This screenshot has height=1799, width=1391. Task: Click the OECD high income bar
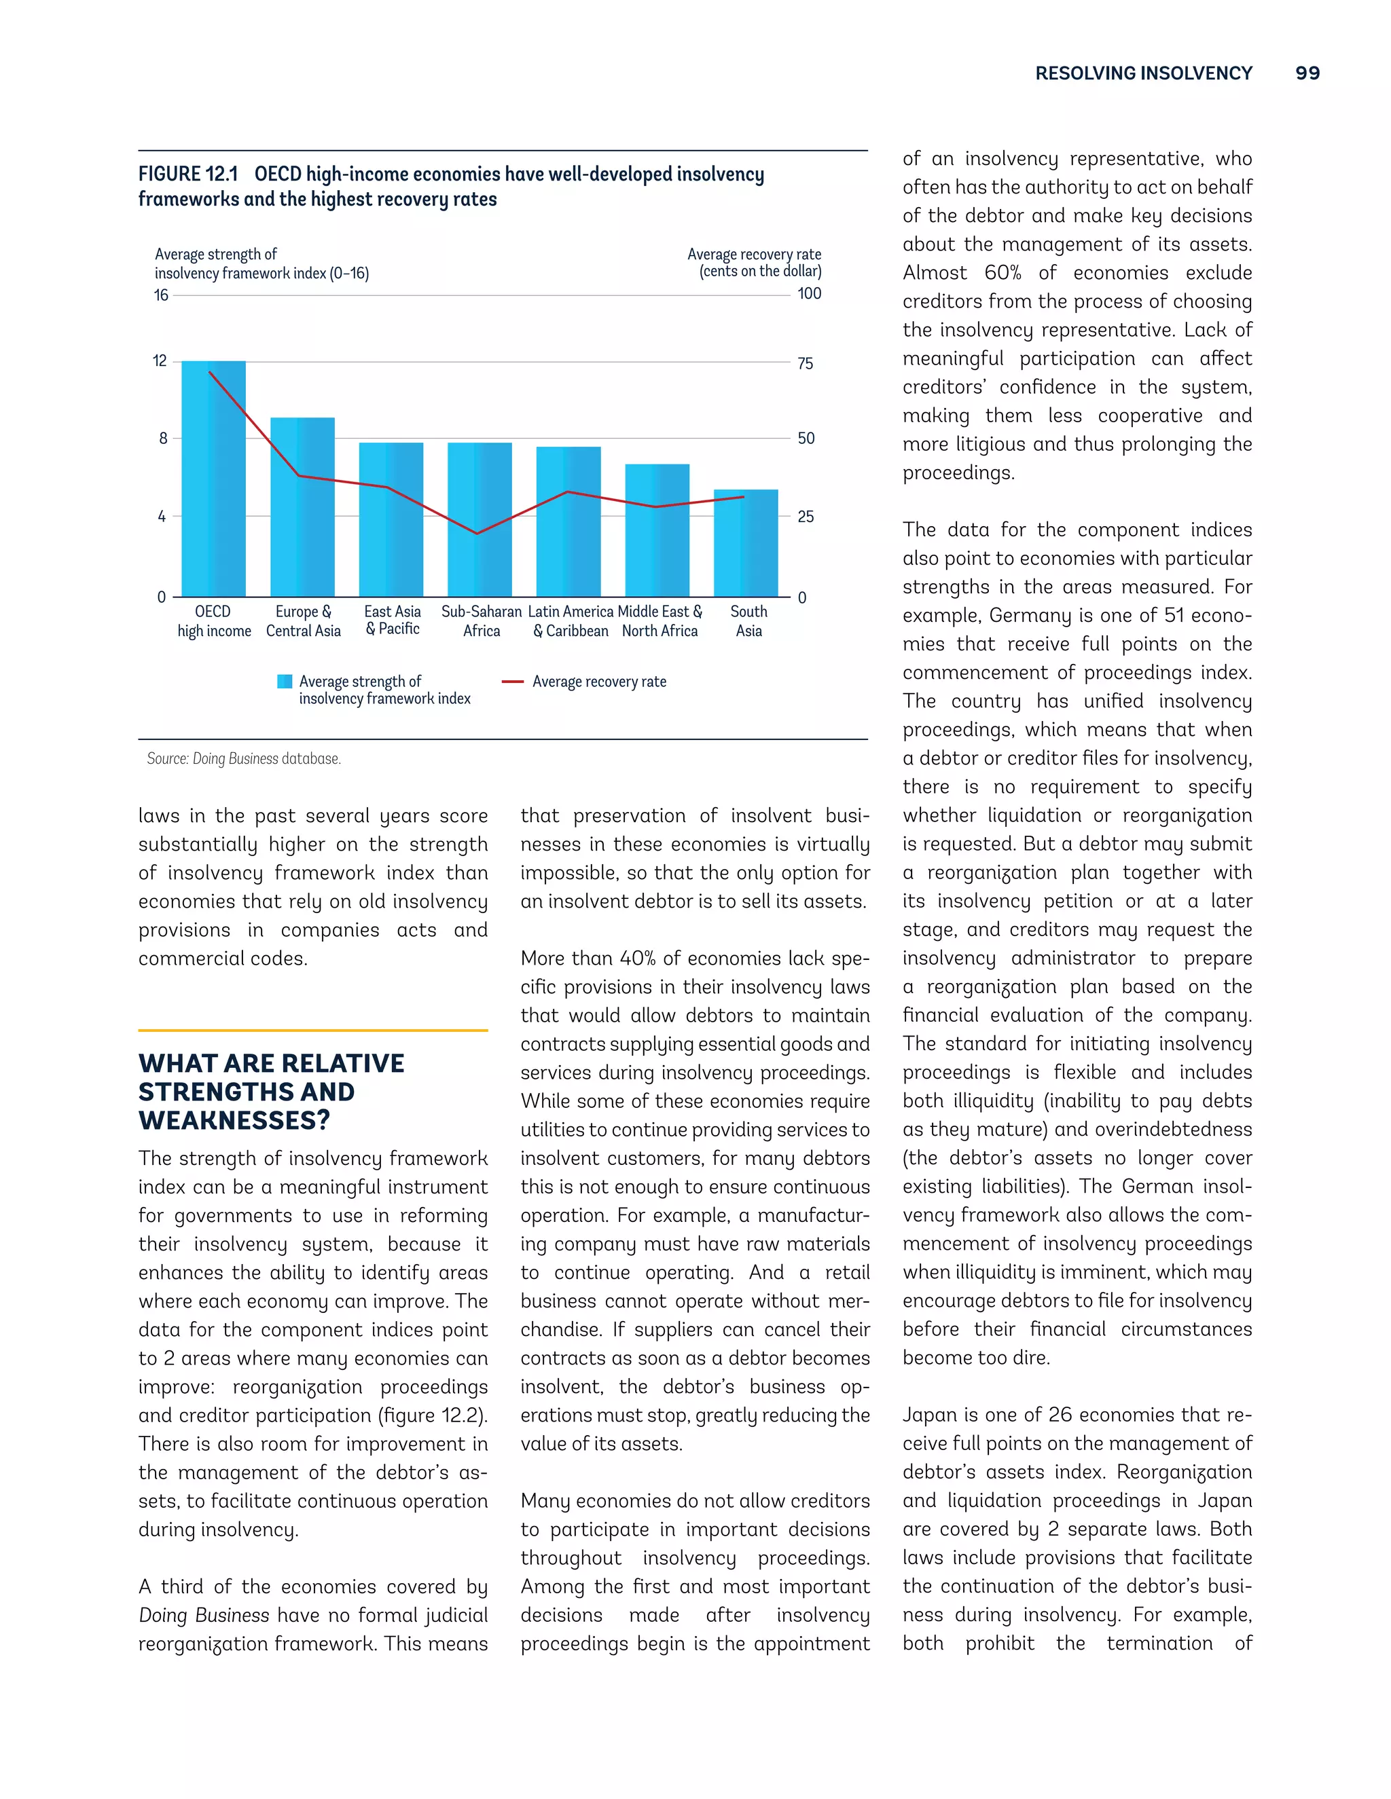[213, 479]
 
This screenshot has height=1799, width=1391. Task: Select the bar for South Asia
[746, 543]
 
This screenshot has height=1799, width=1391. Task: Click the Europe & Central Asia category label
[303, 621]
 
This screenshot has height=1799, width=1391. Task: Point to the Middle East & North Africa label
[660, 621]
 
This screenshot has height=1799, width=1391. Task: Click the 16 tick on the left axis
[161, 295]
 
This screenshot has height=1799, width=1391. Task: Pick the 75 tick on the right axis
[805, 363]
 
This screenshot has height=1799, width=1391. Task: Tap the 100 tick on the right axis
[809, 293]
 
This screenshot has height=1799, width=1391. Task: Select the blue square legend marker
[285, 681]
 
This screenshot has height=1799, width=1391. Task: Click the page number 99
[1307, 73]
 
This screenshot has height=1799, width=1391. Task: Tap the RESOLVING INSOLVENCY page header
[1143, 73]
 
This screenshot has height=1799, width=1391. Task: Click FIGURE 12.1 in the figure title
[188, 174]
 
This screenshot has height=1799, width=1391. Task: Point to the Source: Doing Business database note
[244, 759]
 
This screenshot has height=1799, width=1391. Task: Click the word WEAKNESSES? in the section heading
[234, 1120]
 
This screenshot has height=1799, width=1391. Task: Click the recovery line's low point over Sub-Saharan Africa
[477, 534]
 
